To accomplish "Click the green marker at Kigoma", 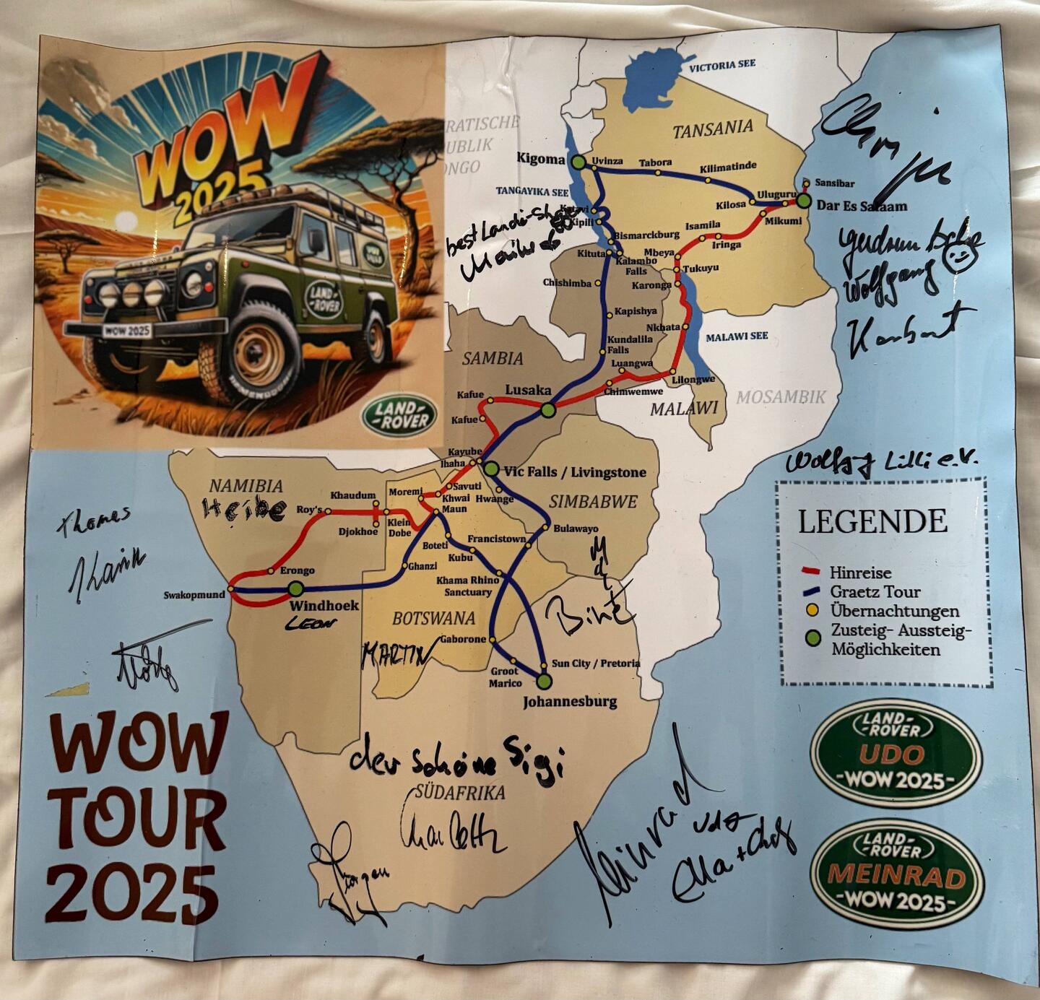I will click(x=578, y=162).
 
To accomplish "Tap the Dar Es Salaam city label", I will click(x=862, y=206).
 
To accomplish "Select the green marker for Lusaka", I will click(x=547, y=410).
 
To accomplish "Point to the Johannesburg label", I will click(x=570, y=701).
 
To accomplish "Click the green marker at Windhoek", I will click(x=296, y=589).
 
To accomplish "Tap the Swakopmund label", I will click(x=194, y=595).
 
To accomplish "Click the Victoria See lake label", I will click(x=721, y=65).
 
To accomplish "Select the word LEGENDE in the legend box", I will click(x=872, y=521).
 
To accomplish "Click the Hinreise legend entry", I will click(x=859, y=573).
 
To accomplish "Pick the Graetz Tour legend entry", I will click(x=875, y=592).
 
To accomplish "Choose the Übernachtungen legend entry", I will click(x=894, y=611).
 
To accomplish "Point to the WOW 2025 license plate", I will click(x=127, y=331).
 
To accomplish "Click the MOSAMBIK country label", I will click(x=781, y=396).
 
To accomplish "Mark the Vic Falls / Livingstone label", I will click(x=575, y=472).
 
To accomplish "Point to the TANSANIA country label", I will click(x=713, y=129).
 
